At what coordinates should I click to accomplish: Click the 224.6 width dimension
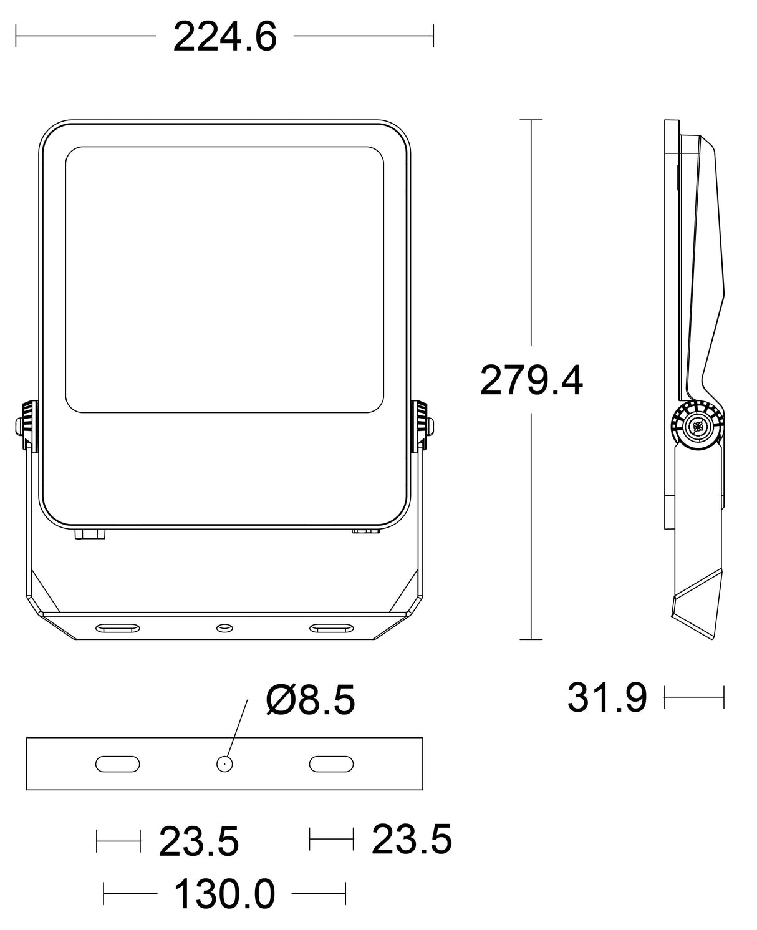pyautogui.click(x=225, y=37)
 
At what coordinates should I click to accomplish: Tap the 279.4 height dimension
pyautogui.click(x=531, y=380)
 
